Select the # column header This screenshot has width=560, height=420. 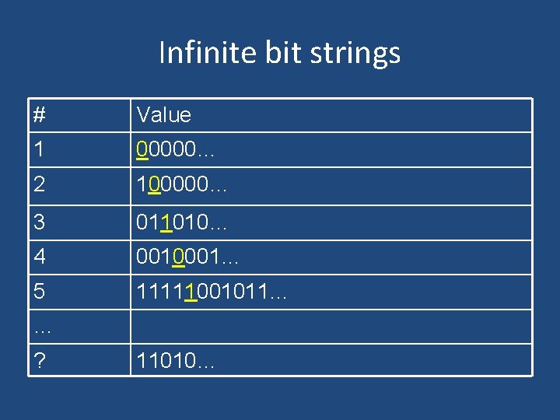click(40, 115)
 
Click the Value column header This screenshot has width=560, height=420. click(163, 115)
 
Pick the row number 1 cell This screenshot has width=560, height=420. click(39, 149)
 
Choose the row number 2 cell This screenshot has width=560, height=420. click(39, 186)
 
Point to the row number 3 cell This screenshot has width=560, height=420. click(39, 222)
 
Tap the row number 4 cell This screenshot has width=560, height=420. click(39, 257)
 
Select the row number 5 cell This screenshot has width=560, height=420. click(39, 292)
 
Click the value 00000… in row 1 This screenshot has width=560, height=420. click(175, 149)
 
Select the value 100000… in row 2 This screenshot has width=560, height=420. click(181, 186)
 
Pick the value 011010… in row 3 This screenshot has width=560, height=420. click(181, 222)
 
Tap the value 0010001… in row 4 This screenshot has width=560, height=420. click(187, 257)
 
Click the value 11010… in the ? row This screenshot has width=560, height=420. click(175, 361)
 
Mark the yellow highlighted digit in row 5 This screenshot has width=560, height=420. click(191, 292)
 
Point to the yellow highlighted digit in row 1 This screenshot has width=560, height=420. click(142, 149)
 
